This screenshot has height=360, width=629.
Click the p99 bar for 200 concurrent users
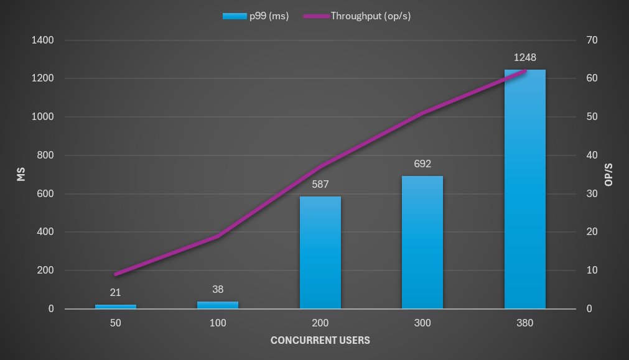point(320,252)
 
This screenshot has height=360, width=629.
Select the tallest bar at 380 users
point(524,189)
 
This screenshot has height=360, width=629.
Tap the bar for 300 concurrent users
point(422,242)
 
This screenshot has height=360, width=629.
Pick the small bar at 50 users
point(116,307)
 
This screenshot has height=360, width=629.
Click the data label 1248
point(524,58)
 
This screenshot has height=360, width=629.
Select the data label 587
point(320,185)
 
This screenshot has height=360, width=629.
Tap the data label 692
point(422,164)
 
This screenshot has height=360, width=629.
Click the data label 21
point(116,293)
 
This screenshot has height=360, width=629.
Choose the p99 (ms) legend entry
point(255,16)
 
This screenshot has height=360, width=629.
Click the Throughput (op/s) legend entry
point(357,16)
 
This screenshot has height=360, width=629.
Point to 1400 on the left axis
point(43,40)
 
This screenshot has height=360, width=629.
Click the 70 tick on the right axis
point(592,40)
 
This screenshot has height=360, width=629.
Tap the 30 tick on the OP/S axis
point(592,194)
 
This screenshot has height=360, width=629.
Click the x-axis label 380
point(524,323)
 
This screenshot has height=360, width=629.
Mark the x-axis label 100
point(218,323)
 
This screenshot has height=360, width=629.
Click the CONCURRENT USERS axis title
point(320,340)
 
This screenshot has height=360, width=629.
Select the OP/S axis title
point(608,175)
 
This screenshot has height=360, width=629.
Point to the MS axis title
point(21,175)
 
